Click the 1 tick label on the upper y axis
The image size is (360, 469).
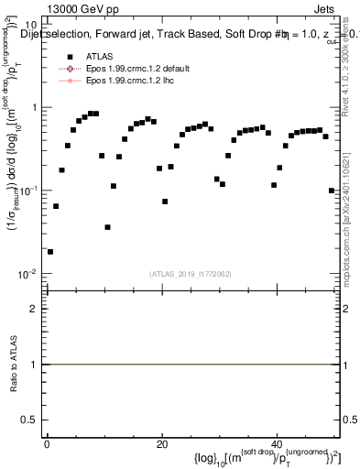(35, 107)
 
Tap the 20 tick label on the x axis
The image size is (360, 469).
(162, 443)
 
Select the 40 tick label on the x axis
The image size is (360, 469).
(277, 443)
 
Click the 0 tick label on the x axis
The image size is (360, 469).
(47, 443)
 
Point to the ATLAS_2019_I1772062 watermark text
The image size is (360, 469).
(191, 273)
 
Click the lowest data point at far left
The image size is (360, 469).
(50, 251)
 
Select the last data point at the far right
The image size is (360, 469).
(331, 191)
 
